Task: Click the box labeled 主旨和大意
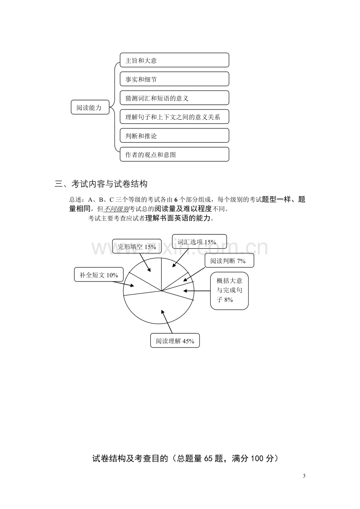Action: [175, 60]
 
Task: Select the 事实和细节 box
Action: [175, 79]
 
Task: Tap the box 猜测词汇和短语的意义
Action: [175, 98]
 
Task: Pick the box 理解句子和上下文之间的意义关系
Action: [175, 116]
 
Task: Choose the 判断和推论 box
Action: [175, 135]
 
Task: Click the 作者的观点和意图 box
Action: [175, 154]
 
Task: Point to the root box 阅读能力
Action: [90, 107]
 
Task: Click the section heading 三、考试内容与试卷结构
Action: [101, 184]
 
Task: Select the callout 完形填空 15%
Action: [137, 246]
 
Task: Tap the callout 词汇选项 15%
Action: [200, 242]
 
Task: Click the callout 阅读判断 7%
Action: [229, 260]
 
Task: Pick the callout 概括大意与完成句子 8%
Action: [229, 291]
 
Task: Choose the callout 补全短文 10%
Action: [99, 274]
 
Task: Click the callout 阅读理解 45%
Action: [175, 341]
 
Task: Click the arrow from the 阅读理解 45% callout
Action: [167, 321]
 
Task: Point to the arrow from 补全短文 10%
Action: [123, 284]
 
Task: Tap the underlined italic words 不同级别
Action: [116, 209]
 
